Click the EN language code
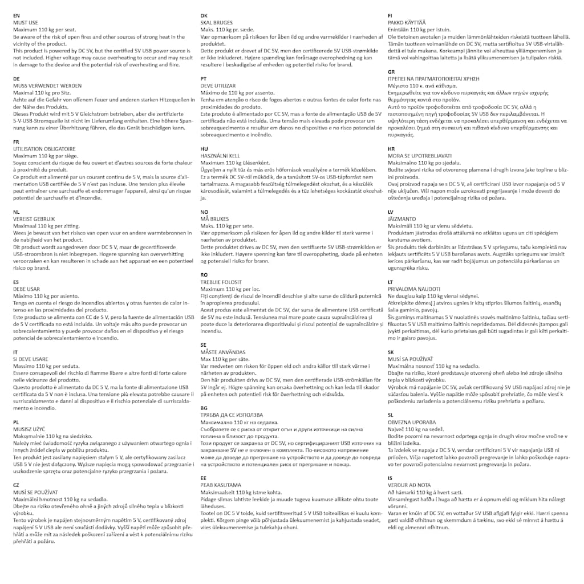(x=16, y=15)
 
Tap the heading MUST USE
(x=25, y=22)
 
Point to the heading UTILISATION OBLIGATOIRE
(x=44, y=149)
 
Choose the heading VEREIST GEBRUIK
(x=34, y=218)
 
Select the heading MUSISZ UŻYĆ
(x=29, y=428)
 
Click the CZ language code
(x=16, y=484)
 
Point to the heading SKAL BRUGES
(x=217, y=22)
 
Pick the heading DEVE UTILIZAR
(x=218, y=86)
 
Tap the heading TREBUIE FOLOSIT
(x=221, y=282)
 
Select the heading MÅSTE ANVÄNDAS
(x=223, y=352)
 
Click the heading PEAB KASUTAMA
(x=220, y=485)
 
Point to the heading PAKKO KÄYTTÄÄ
(x=406, y=22)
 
